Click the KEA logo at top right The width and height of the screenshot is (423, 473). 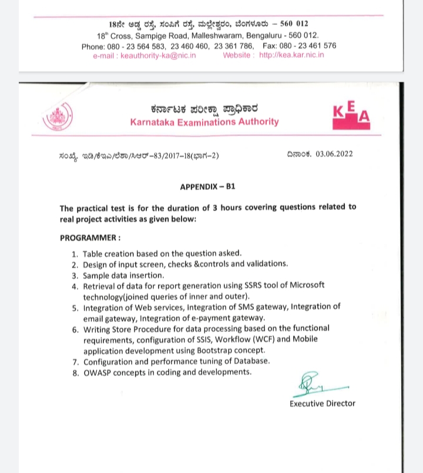(x=351, y=114)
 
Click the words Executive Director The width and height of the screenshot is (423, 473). (x=322, y=404)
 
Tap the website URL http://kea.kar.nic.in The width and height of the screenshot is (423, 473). (x=291, y=55)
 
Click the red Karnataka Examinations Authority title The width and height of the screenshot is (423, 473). (x=204, y=122)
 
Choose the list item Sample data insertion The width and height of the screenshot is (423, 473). (x=123, y=275)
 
